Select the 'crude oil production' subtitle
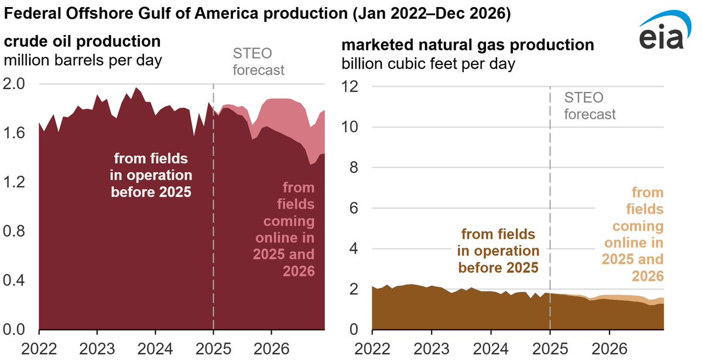[x=83, y=42]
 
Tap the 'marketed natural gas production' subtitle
[x=468, y=45]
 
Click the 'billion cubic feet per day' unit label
[x=429, y=63]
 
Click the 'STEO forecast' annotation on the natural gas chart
[x=590, y=105]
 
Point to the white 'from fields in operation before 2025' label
[x=152, y=174]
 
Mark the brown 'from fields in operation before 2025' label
[x=498, y=251]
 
